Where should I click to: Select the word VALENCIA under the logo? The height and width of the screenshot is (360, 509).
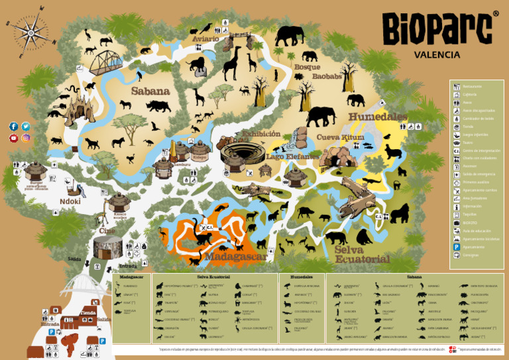[x=437, y=55]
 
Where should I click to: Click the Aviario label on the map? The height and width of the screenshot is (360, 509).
[x=205, y=39]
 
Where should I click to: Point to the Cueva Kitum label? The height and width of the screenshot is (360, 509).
[x=340, y=137]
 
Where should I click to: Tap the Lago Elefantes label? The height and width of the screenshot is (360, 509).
[x=293, y=156]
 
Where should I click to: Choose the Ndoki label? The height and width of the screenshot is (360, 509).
[x=70, y=201]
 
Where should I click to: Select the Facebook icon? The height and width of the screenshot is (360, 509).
[x=13, y=126]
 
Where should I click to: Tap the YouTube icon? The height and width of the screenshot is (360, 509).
[x=13, y=138]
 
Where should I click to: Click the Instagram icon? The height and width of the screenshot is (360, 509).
[x=26, y=138]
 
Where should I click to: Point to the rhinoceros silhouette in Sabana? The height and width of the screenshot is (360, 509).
[x=159, y=105]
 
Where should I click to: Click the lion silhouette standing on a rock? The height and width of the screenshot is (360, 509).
[x=196, y=64]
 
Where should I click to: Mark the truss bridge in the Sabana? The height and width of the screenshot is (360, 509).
[x=105, y=62]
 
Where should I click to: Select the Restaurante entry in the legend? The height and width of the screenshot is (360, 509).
[x=473, y=86]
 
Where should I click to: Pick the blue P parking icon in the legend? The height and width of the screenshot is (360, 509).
[x=456, y=247]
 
